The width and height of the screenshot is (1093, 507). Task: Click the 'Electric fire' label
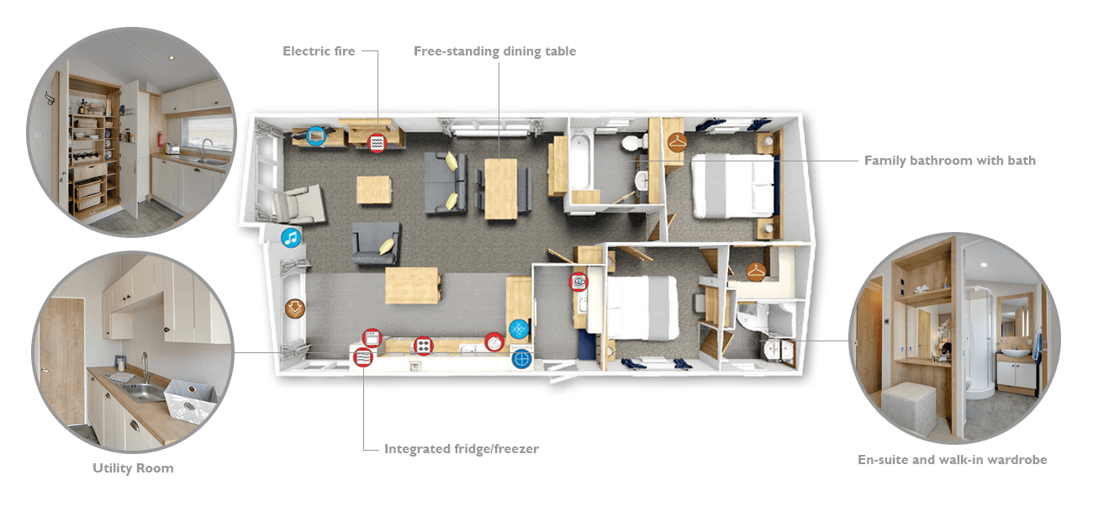coord(319,51)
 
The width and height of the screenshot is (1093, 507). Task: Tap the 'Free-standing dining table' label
coord(494,52)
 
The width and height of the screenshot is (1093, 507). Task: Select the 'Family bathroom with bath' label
coord(949,161)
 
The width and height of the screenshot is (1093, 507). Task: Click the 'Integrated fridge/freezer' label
coord(462,449)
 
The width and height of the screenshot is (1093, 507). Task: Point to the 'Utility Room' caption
coord(133,468)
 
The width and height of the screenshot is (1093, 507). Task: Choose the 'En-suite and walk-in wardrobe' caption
coord(953,460)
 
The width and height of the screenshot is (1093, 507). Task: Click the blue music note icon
coord(291,238)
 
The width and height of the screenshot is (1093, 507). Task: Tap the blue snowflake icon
coord(519,330)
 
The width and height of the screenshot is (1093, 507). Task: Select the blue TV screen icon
coord(316,135)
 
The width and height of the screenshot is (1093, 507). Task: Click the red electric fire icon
coord(377,143)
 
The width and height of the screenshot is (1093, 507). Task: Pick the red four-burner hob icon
coord(423,346)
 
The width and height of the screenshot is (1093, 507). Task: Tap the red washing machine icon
coord(578,282)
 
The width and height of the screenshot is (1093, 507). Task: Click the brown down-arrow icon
coord(295,309)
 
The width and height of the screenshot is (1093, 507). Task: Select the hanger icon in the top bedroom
coord(678,142)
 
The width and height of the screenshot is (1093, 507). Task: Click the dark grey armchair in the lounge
coord(376,243)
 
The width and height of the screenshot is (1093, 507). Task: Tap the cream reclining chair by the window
coord(298,205)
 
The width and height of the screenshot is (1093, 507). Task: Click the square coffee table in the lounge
coord(374,190)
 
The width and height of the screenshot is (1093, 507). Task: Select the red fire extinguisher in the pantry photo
coord(160,139)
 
